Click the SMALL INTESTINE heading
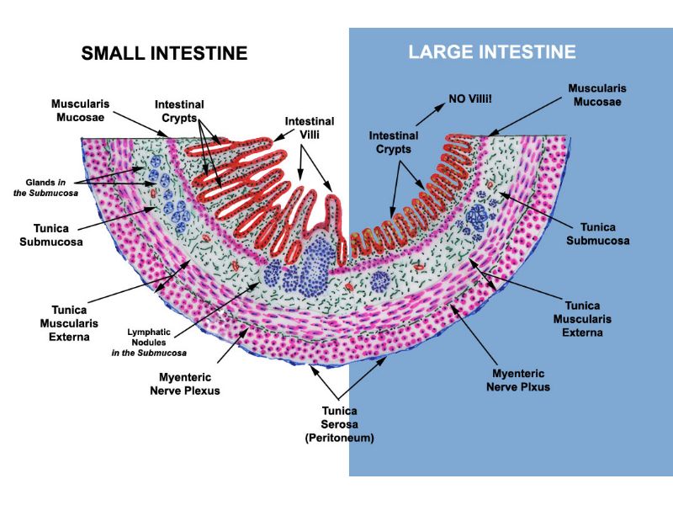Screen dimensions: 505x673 [164, 53]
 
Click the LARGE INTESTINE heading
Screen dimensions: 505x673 [492, 52]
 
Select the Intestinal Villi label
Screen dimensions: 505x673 [310, 130]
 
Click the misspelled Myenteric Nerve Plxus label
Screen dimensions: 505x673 [516, 380]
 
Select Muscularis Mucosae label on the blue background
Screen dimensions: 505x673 [597, 94]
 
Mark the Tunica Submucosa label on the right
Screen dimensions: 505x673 [597, 234]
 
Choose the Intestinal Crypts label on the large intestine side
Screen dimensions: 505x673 [394, 142]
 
